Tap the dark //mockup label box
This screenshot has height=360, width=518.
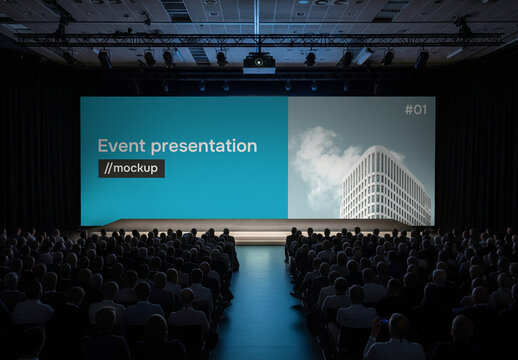tap(131, 168)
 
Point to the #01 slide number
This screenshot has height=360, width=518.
tap(414, 109)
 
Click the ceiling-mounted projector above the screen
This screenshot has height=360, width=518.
tap(259, 63)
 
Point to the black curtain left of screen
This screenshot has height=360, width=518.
tap(40, 150)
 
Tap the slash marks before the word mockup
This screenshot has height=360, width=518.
tap(105, 168)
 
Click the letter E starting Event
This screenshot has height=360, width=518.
tap(102, 146)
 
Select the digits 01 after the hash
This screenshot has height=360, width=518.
tap(419, 109)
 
